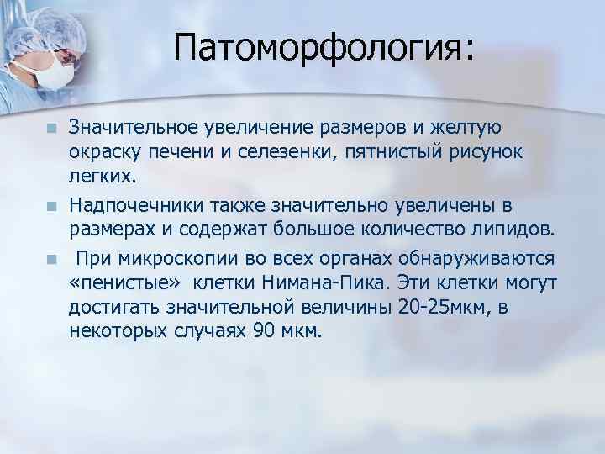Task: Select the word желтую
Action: pyautogui.click(x=467, y=128)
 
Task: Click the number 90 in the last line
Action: pyautogui.click(x=263, y=330)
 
